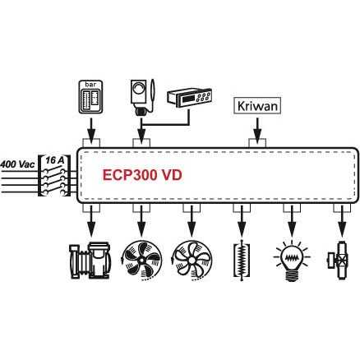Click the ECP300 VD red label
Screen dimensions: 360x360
[x=142, y=175]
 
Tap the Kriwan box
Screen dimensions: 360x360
[x=257, y=105]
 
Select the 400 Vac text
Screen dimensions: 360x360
[x=18, y=164]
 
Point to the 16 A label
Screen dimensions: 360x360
[x=55, y=160]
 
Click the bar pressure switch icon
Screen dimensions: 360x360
[x=90, y=97]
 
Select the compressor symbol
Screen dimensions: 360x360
[x=90, y=261]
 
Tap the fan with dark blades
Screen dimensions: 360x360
[x=141, y=261]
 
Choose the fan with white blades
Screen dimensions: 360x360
[x=192, y=261]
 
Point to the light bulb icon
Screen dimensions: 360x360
[x=292, y=261]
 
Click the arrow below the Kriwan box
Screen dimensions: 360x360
[x=257, y=130]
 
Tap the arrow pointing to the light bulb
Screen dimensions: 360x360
[x=292, y=222]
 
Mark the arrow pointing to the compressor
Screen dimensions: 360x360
[x=91, y=222]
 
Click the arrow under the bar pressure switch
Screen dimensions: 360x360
[x=91, y=130]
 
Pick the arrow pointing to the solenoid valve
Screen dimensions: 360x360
[x=342, y=222]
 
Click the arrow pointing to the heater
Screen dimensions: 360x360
[x=242, y=222]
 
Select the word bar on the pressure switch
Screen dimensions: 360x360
[x=90, y=84]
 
